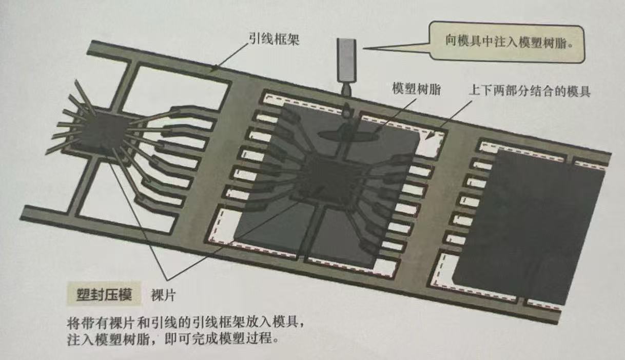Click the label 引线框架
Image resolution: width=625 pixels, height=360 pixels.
(271, 38)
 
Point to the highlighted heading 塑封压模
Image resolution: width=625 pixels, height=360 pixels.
(100, 295)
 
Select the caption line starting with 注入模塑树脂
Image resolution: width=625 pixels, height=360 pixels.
(174, 340)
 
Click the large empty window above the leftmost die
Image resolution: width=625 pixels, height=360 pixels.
(174, 92)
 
